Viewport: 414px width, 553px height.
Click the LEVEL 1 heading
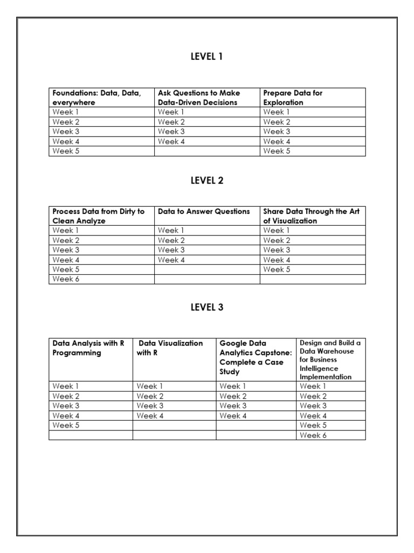click(206, 57)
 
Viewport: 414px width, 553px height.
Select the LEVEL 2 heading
click(206, 181)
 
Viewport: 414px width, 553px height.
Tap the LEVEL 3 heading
click(206, 307)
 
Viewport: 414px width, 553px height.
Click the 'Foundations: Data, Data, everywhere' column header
click(97, 98)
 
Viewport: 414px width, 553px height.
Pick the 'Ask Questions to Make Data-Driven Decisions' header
click(199, 98)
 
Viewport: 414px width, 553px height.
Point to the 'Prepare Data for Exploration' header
click(293, 98)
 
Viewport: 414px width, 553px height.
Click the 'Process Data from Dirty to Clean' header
click(99, 216)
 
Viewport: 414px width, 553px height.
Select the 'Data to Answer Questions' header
click(204, 212)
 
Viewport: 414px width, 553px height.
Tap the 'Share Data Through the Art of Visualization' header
click(311, 216)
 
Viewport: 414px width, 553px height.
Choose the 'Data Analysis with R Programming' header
click(88, 348)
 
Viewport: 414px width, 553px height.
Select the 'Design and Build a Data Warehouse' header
click(330, 360)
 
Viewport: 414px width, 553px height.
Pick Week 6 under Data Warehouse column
click(313, 435)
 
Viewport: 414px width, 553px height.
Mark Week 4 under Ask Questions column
click(171, 141)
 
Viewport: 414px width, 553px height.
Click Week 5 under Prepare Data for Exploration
click(277, 151)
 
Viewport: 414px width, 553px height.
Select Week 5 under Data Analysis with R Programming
click(65, 426)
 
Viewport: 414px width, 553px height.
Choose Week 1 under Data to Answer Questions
click(171, 231)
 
